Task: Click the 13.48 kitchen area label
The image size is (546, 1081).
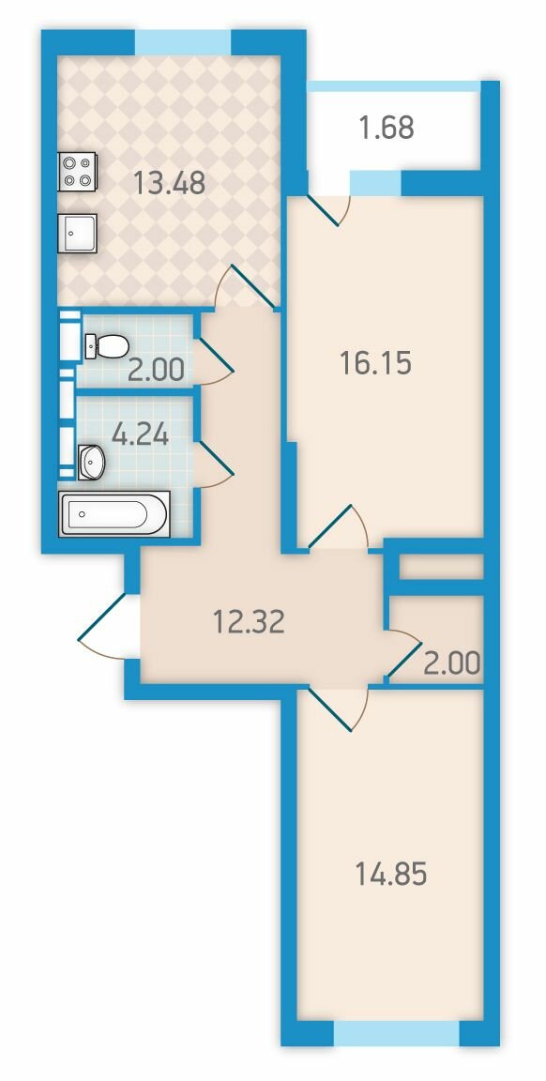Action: (169, 183)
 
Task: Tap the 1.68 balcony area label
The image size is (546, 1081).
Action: (387, 128)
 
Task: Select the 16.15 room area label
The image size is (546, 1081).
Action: (375, 362)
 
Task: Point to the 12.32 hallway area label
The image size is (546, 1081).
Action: (249, 623)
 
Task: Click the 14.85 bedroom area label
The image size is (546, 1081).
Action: (391, 875)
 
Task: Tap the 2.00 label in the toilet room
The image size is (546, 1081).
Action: (156, 371)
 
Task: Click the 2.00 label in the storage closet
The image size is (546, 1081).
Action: (452, 663)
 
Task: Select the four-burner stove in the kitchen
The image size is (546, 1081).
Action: (78, 172)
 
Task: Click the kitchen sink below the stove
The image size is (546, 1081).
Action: (77, 233)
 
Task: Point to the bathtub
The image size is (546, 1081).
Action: (114, 513)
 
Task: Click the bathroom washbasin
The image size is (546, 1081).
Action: (90, 462)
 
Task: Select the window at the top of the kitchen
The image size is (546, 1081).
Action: (183, 42)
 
